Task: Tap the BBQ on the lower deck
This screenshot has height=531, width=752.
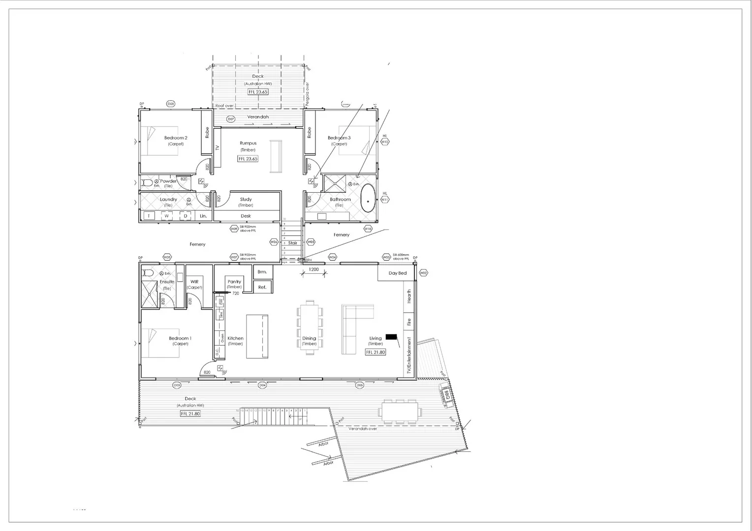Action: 446,396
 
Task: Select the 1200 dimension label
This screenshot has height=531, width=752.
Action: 313,269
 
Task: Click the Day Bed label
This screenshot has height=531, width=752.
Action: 397,273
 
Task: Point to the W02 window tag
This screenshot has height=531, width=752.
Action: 423,273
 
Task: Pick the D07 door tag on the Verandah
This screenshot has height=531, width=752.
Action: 231,119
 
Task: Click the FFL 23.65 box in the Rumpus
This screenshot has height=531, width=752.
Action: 248,159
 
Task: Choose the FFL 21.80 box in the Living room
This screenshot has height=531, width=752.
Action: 376,352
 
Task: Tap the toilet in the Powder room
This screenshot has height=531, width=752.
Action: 147,183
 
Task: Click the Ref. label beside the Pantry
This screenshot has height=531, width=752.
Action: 262,287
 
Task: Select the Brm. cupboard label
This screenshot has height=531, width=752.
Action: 262,272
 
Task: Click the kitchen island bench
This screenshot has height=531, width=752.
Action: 257,336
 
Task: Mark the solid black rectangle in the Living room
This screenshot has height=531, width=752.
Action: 391,336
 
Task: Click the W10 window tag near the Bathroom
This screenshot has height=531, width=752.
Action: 368,229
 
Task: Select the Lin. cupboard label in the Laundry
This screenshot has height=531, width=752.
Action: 203,216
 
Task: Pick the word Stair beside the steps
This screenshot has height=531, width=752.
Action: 292,243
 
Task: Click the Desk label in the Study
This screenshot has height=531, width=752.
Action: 246,216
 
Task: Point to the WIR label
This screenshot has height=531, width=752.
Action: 194,282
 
